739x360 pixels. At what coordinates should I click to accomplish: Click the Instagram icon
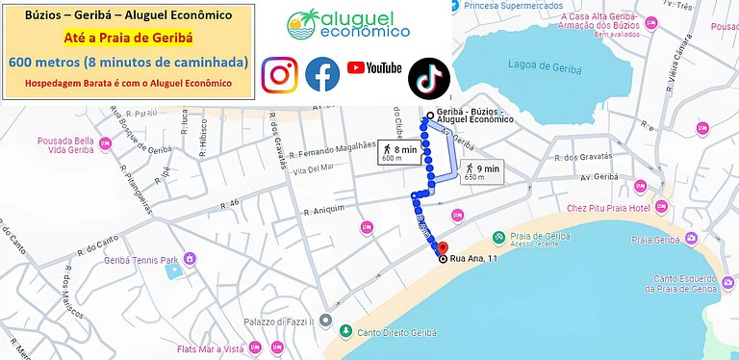coord(280,75)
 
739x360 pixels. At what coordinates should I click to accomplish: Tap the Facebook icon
coord(322,75)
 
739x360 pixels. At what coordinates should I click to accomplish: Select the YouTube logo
coord(373,67)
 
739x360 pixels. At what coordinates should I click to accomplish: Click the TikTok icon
coord(428,78)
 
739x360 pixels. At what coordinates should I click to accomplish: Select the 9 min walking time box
coord(482,172)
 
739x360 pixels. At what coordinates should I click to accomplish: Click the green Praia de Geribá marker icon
coord(498,237)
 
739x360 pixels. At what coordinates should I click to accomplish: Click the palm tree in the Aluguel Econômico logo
coord(306,21)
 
